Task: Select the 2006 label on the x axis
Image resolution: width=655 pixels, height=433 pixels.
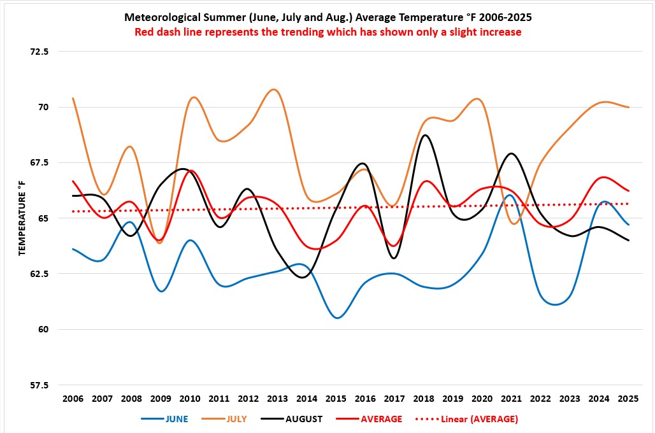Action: [x=73, y=399]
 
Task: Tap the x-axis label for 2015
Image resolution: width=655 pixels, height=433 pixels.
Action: [x=336, y=399]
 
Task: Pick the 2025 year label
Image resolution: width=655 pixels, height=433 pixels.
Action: [x=628, y=399]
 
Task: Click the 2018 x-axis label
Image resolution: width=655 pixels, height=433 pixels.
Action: [x=424, y=399]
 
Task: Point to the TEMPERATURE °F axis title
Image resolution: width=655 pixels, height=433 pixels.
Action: [x=22, y=218]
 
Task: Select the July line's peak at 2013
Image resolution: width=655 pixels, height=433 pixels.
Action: [x=275, y=89]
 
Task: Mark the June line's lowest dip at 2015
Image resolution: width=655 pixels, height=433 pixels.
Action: [x=337, y=318]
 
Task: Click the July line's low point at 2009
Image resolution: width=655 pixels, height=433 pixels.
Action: [x=159, y=243]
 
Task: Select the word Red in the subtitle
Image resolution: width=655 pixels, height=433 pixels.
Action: [x=144, y=32]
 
